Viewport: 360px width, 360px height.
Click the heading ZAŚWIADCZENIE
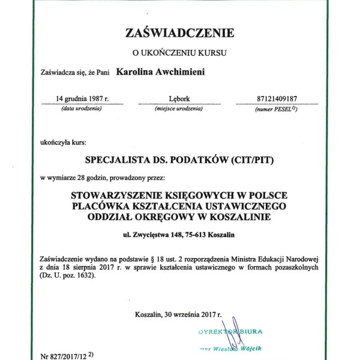(179, 32)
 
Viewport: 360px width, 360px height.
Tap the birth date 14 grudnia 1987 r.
(82, 98)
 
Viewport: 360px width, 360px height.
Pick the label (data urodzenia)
(82, 109)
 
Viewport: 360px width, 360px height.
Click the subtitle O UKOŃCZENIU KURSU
(179, 53)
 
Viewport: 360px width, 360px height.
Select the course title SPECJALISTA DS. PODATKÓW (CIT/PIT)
(179, 161)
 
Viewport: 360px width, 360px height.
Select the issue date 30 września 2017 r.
(192, 314)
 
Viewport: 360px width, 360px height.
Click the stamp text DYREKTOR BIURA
(230, 331)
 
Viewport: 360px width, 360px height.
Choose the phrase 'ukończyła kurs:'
(63, 143)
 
